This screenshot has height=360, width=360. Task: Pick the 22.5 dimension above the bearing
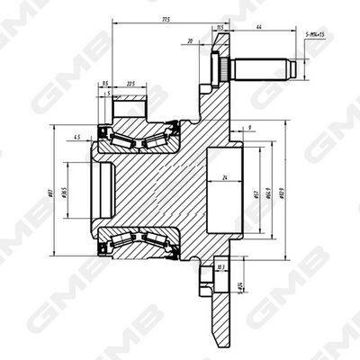(x=132, y=84)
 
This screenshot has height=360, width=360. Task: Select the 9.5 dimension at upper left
(x=107, y=84)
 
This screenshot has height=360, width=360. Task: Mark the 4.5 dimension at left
(x=78, y=137)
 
